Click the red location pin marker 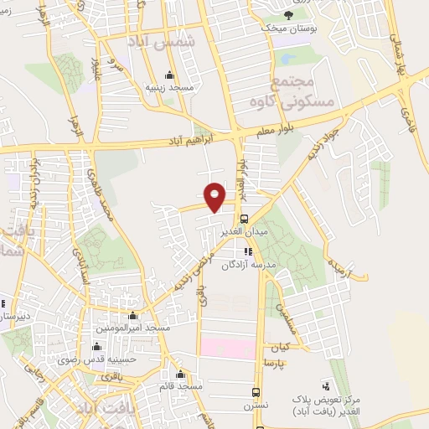(215, 196)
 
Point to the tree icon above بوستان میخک (289, 16)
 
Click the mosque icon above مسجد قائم (180, 374)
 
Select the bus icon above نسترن (256, 392)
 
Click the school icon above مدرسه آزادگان (248, 251)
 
